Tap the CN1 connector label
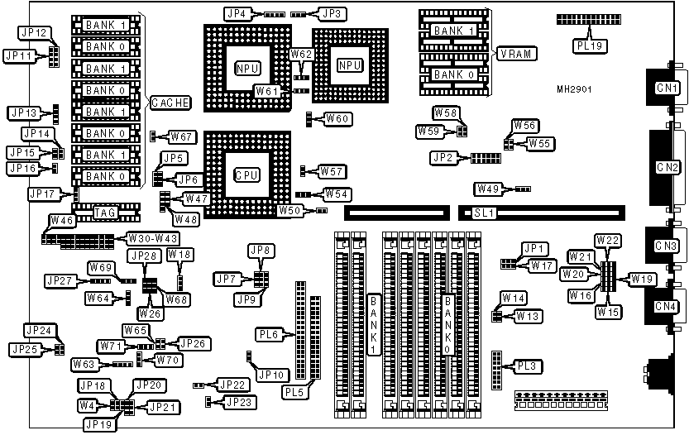pos(664,87)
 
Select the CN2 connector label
pos(664,166)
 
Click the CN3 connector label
pos(664,246)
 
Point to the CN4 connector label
pos(664,307)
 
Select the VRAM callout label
pos(518,54)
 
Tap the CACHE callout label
pos(170,103)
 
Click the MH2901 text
pos(573,88)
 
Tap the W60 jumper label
pos(337,118)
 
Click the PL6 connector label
pos(267,335)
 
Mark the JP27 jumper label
pos(63,280)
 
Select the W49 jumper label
pos(488,188)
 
